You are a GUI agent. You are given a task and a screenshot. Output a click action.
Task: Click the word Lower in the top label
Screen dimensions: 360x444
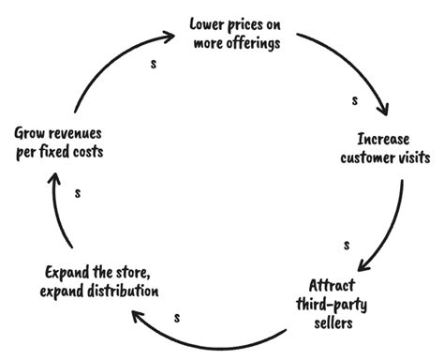(x=208, y=22)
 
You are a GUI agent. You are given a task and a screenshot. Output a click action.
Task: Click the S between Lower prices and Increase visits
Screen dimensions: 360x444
(x=355, y=98)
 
